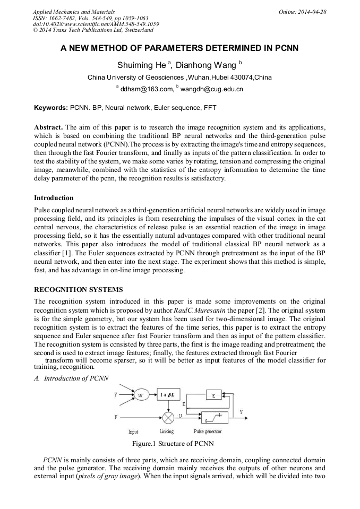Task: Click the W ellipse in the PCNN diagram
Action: point(140,395)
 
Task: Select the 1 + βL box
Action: point(168,395)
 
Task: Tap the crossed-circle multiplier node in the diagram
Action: point(168,417)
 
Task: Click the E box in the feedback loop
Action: point(213,395)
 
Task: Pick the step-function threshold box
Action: point(214,417)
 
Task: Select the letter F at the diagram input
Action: point(116,417)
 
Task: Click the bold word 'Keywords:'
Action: point(50,107)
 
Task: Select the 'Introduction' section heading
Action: point(54,198)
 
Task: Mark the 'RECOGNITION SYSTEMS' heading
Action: point(78,290)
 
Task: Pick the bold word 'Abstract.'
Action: point(48,128)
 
